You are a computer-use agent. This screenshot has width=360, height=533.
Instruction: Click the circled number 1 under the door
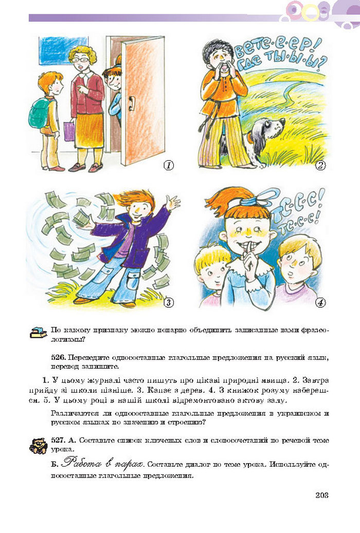coord(168,166)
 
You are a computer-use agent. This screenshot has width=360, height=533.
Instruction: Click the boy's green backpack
coord(39,113)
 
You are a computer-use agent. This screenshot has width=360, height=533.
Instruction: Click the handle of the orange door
coord(131,103)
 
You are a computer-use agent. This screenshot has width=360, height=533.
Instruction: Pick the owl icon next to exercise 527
coord(38,445)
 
